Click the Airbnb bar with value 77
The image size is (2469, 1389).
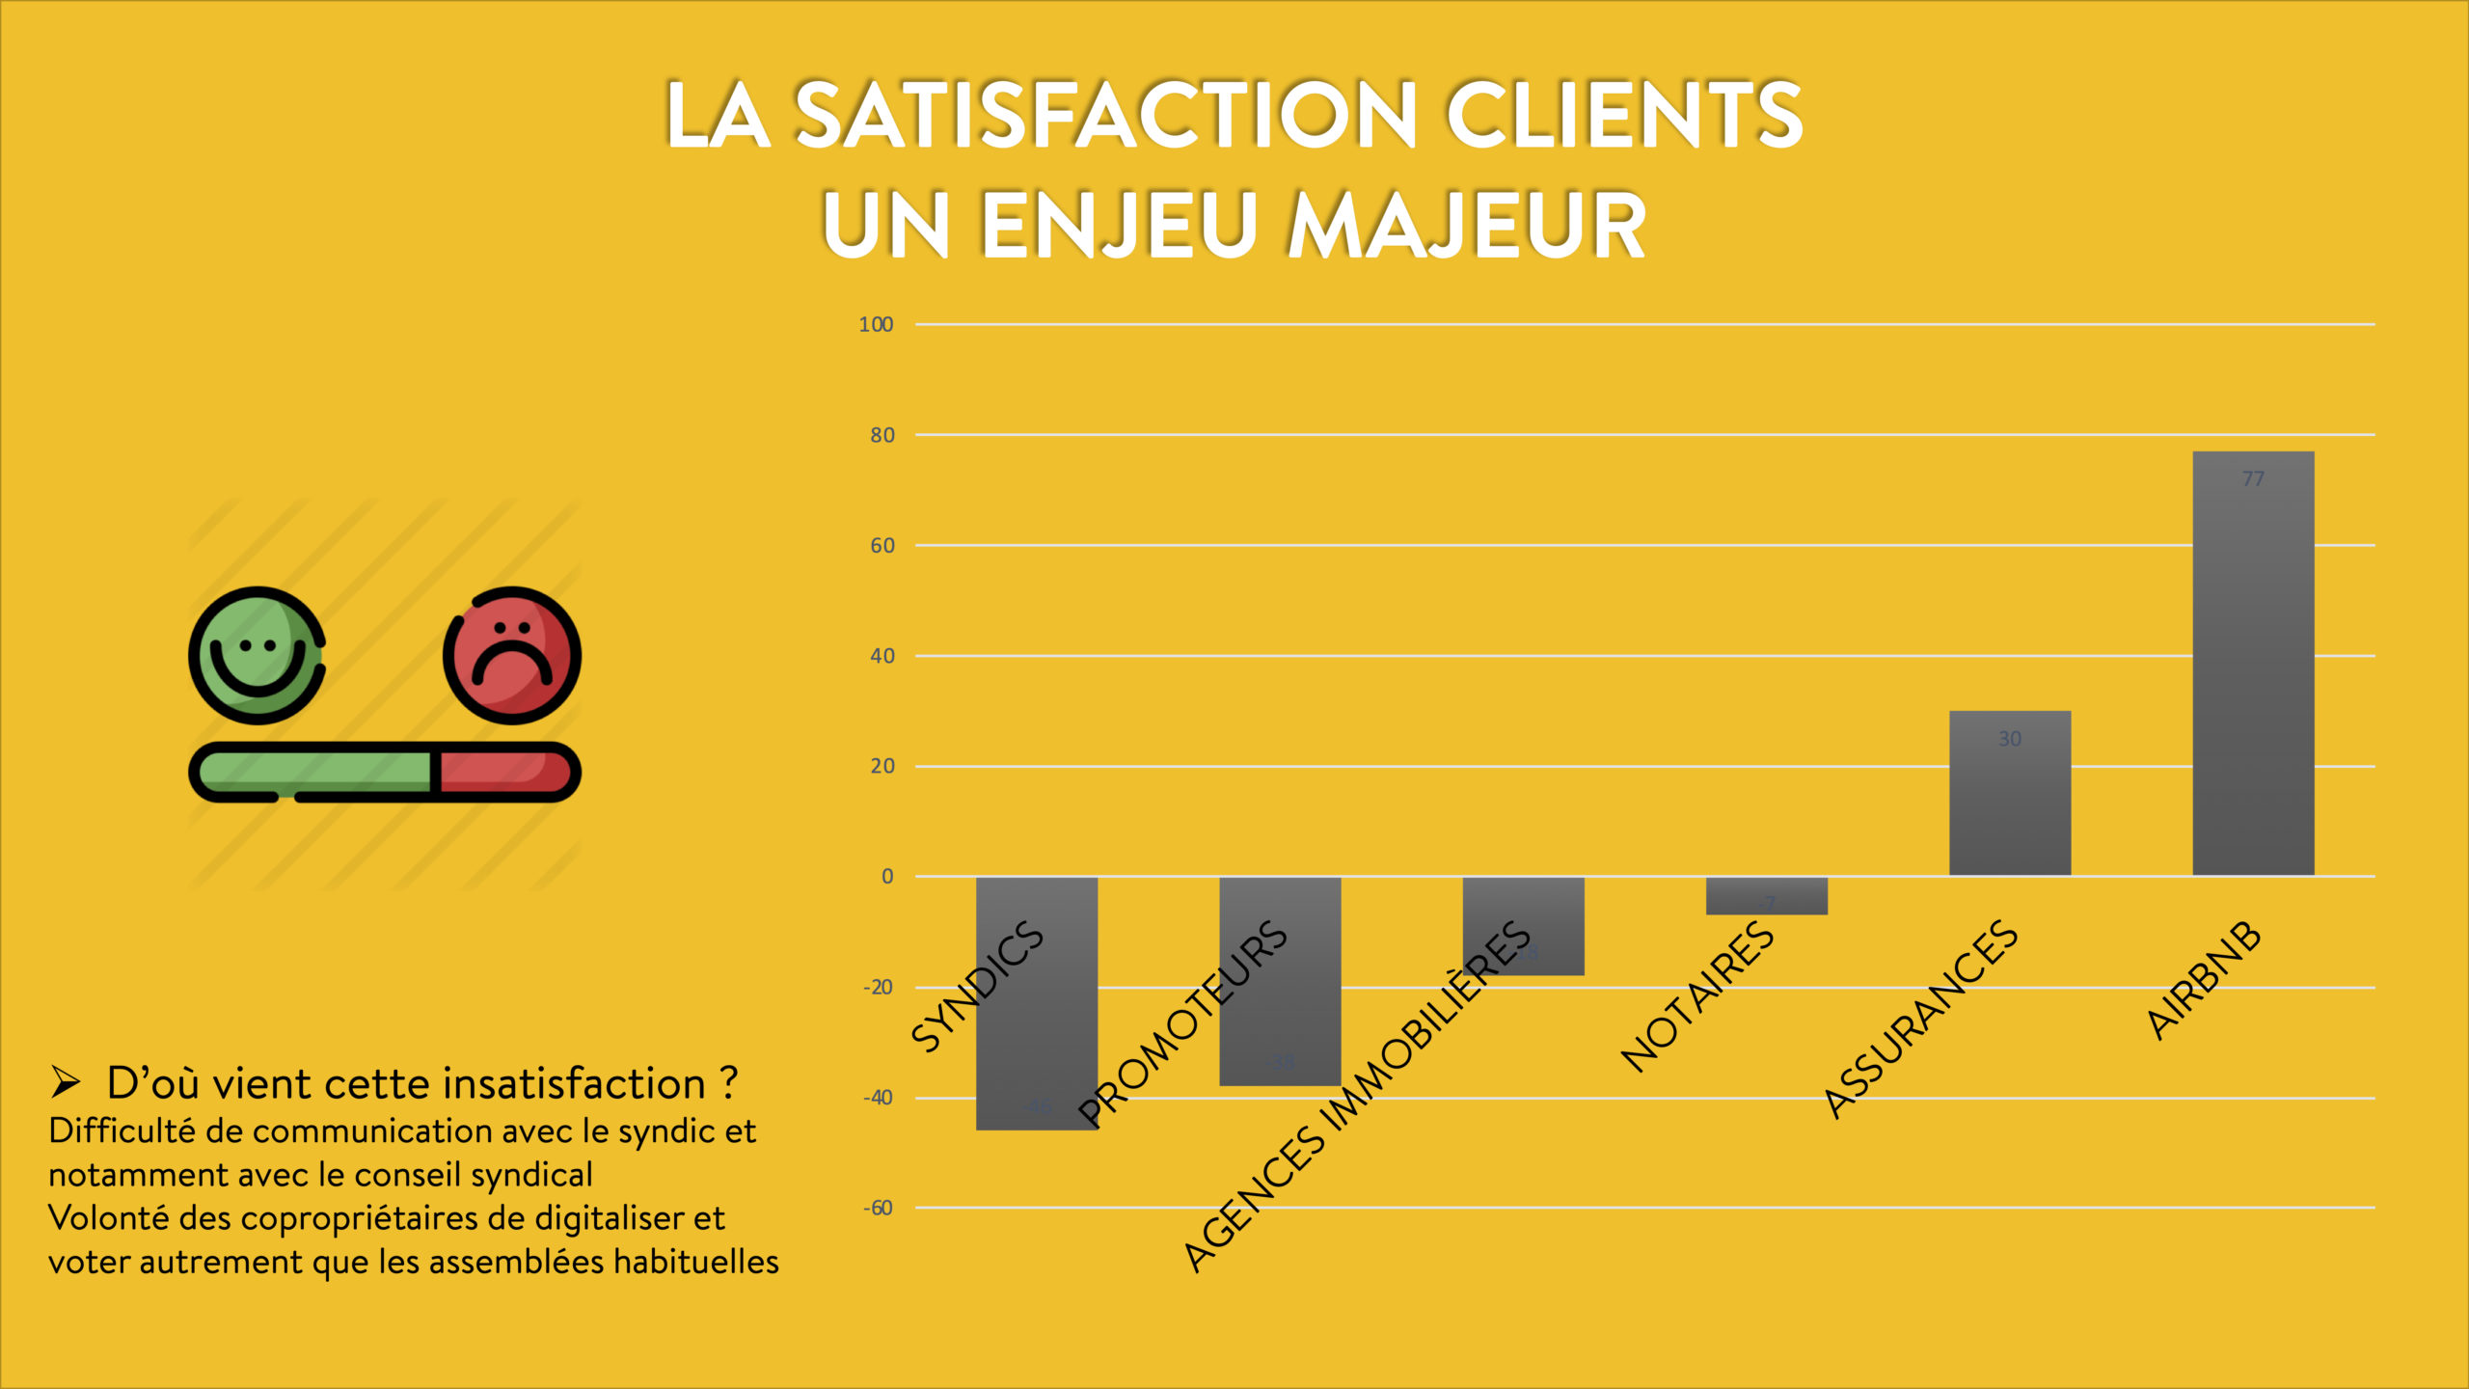(2253, 666)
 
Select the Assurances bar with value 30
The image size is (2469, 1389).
(2010, 796)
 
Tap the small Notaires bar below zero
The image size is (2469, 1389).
(1766, 895)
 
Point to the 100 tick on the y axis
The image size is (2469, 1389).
(876, 325)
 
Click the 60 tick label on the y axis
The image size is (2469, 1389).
(882, 546)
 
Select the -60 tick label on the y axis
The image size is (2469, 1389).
(878, 1209)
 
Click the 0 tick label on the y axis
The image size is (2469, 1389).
(887, 877)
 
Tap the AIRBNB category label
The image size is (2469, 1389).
(2204, 980)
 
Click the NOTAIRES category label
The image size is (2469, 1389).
(1697, 997)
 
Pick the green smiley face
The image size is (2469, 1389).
(257, 656)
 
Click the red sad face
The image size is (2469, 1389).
(512, 656)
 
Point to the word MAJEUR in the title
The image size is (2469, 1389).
(1466, 226)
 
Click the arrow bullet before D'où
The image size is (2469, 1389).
(66, 1082)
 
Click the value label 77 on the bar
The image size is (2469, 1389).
(2253, 479)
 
